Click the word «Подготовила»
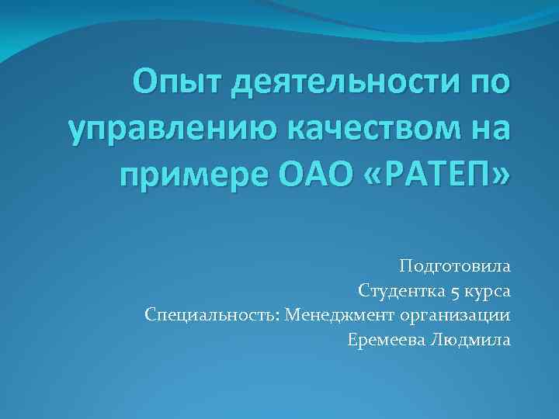click(456, 268)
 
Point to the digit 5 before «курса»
click(454, 292)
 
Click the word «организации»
click(457, 315)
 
